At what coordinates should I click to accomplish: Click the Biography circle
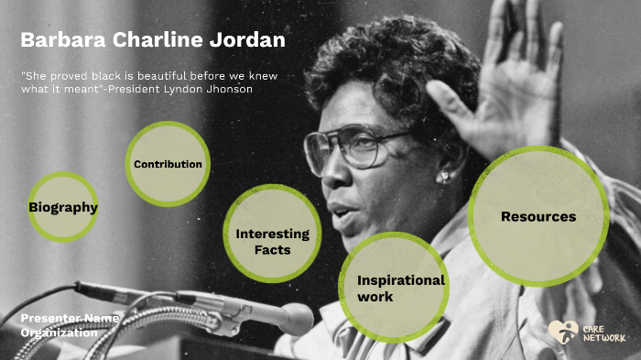point(62,207)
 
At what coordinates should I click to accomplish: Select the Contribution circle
point(168,164)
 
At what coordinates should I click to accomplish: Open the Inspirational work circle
point(394,287)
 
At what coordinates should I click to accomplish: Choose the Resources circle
point(538,216)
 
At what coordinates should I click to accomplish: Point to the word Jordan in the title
point(250,40)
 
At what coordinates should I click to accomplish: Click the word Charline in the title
point(158,40)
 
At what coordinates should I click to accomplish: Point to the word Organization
point(59,333)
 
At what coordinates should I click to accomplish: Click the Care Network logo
point(586,333)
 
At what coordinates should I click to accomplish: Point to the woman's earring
point(444,177)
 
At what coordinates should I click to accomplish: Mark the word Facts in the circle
point(272,249)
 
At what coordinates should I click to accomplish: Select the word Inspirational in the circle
point(400,280)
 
